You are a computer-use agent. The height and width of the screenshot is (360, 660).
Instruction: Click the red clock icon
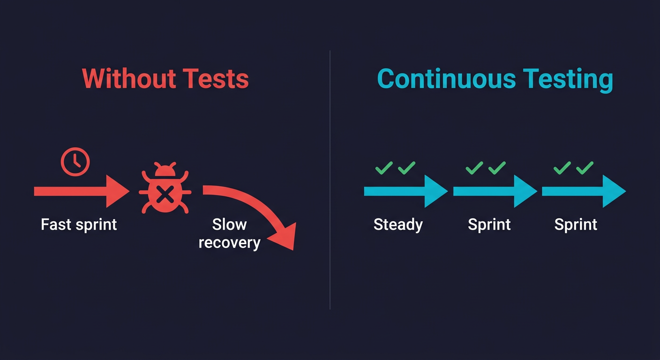pos(75,162)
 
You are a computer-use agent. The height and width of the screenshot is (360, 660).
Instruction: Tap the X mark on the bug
pos(164,194)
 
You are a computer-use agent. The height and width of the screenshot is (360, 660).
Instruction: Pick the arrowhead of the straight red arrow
pos(117,191)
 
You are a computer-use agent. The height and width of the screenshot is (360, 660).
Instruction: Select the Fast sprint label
pos(79,225)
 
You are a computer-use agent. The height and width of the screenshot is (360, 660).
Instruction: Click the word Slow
pos(230,225)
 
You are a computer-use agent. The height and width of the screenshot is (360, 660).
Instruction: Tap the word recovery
pos(229,243)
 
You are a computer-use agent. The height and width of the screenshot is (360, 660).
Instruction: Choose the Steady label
pos(398,225)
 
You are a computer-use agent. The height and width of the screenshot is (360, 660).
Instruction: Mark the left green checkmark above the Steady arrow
pos(384,168)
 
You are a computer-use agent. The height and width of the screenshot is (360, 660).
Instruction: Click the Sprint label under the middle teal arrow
pos(489,225)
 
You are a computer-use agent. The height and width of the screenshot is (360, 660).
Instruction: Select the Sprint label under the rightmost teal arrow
pos(576,225)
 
